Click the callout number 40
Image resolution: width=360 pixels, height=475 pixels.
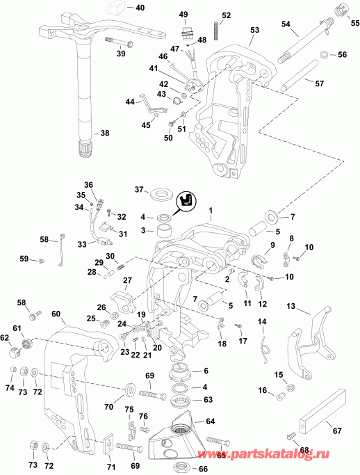(140, 8)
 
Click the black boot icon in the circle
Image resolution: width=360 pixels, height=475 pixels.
(187, 200)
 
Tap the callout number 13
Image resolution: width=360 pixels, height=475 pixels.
(291, 305)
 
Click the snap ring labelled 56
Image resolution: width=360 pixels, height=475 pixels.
(325, 55)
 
